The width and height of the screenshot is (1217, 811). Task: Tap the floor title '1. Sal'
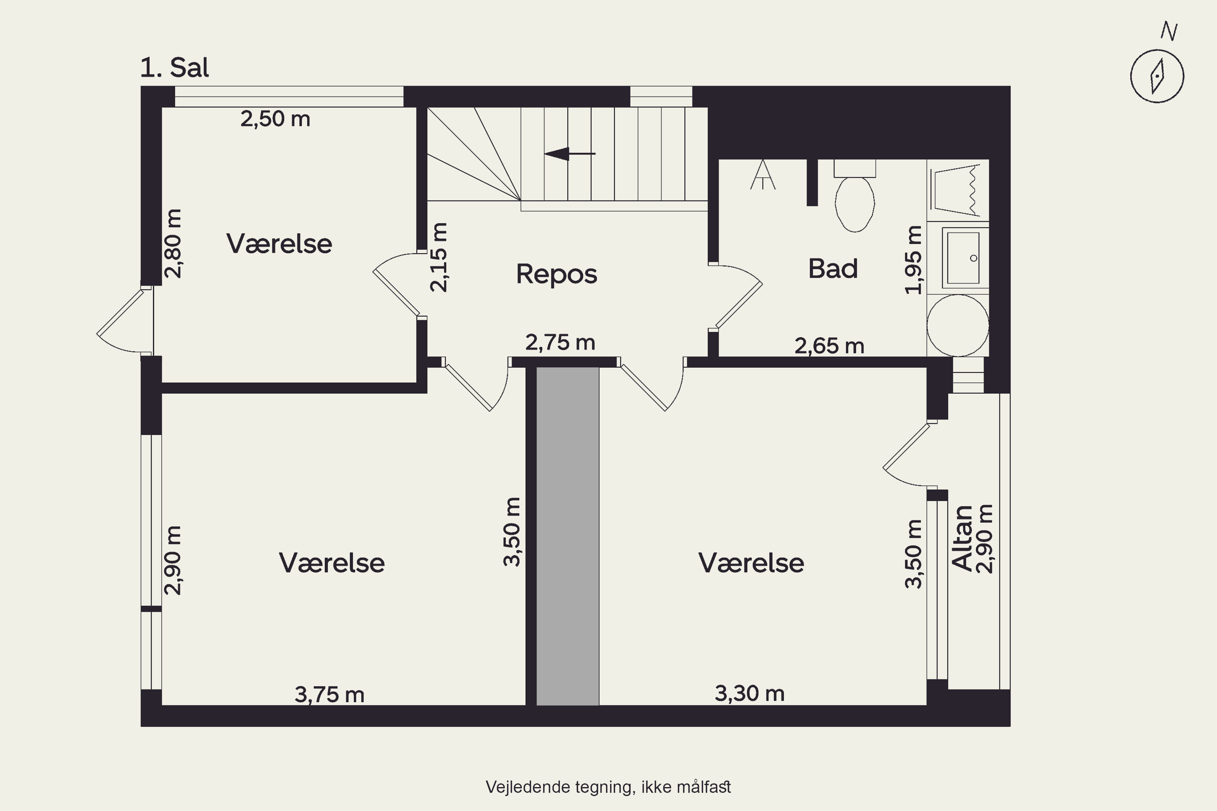[x=174, y=68]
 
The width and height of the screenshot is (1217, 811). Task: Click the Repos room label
[x=556, y=274]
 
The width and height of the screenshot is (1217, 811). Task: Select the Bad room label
[x=832, y=268]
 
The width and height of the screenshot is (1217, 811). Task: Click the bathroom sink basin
[x=963, y=257]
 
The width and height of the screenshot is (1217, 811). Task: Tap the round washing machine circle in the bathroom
[x=957, y=325]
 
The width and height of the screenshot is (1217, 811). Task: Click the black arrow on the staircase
[x=570, y=154]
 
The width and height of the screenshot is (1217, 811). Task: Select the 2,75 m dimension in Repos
[x=560, y=342]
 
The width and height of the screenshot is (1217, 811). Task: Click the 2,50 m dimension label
[x=275, y=119]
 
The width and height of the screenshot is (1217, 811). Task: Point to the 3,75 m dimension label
[x=329, y=695]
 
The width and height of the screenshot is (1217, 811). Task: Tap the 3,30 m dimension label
[x=749, y=693]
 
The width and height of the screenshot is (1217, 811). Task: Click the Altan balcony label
[x=962, y=539]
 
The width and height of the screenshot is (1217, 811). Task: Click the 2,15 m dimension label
[x=439, y=257]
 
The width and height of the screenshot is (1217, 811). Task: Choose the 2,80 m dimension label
[x=173, y=244]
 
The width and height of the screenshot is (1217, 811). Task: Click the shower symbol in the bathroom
[x=763, y=175]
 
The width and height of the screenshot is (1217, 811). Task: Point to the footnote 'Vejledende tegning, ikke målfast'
[x=608, y=787]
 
